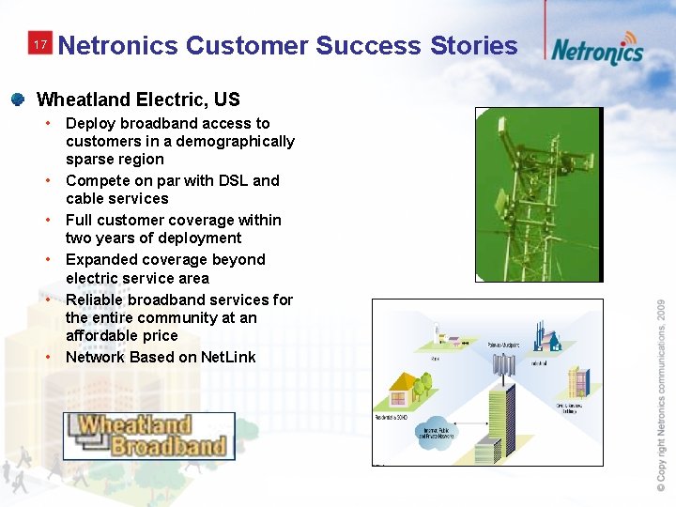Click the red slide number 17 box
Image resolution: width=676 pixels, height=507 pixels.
(x=39, y=45)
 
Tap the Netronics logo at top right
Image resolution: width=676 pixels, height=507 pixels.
(x=597, y=50)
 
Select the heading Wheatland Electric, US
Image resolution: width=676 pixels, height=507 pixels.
(x=138, y=100)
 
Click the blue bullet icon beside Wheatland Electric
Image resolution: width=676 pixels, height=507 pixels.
(x=18, y=99)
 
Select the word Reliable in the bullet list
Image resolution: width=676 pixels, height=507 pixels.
(x=96, y=300)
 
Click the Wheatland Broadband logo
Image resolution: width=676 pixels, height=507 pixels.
(x=149, y=437)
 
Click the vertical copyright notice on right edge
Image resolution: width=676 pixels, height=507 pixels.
(x=661, y=393)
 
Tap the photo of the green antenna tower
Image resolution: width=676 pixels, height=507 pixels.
(x=538, y=194)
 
